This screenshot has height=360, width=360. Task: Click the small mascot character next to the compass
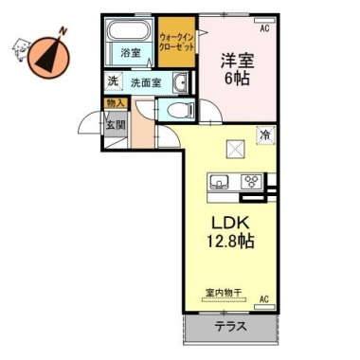pyautogui.click(x=18, y=46)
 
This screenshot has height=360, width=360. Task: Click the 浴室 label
pyautogui.click(x=130, y=54)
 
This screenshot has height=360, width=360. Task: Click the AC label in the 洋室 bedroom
pyautogui.click(x=263, y=29)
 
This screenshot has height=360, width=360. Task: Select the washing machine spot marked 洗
pyautogui.click(x=113, y=82)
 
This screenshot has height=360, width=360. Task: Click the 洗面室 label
pyautogui.click(x=143, y=82)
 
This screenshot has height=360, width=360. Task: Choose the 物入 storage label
pyautogui.click(x=114, y=102)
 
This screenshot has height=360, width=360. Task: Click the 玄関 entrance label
pyautogui.click(x=115, y=123)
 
